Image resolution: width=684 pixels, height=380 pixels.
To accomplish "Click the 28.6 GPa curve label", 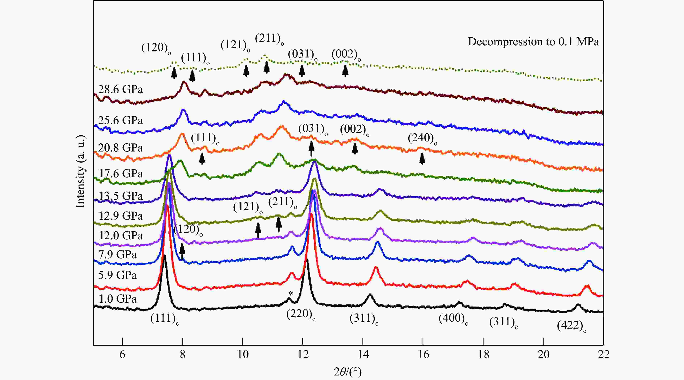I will [x=121, y=89].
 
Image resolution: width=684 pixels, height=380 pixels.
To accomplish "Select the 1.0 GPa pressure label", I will [x=117, y=299].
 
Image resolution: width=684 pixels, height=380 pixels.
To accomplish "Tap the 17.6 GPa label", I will [x=121, y=174].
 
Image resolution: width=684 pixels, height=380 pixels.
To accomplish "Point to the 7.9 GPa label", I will [x=117, y=255].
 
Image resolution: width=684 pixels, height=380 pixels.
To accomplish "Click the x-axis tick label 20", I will [x=543, y=355].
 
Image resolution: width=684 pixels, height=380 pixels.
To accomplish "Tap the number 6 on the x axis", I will [x=122, y=355].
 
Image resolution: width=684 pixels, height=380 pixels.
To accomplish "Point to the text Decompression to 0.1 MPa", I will [x=533, y=42].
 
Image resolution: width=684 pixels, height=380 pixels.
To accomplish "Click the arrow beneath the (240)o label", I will [x=422, y=159].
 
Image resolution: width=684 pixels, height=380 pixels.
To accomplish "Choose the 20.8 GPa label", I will [x=121, y=148].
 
